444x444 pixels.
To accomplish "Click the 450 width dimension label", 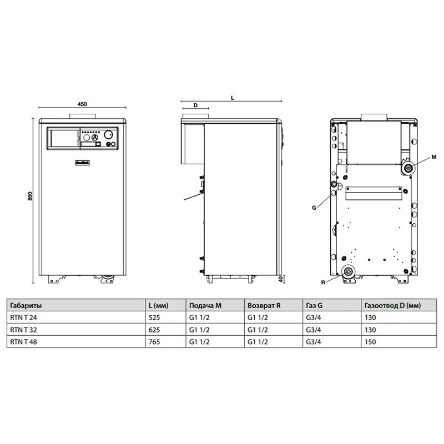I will (x=82, y=104).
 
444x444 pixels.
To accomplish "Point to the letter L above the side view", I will (x=232, y=97).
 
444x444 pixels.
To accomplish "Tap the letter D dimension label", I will (x=195, y=105).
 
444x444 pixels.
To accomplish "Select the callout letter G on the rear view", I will (x=314, y=207).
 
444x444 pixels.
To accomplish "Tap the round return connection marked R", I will (x=349, y=272).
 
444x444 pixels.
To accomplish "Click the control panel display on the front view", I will (x=63, y=138).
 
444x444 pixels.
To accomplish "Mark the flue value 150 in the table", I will (x=370, y=342).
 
